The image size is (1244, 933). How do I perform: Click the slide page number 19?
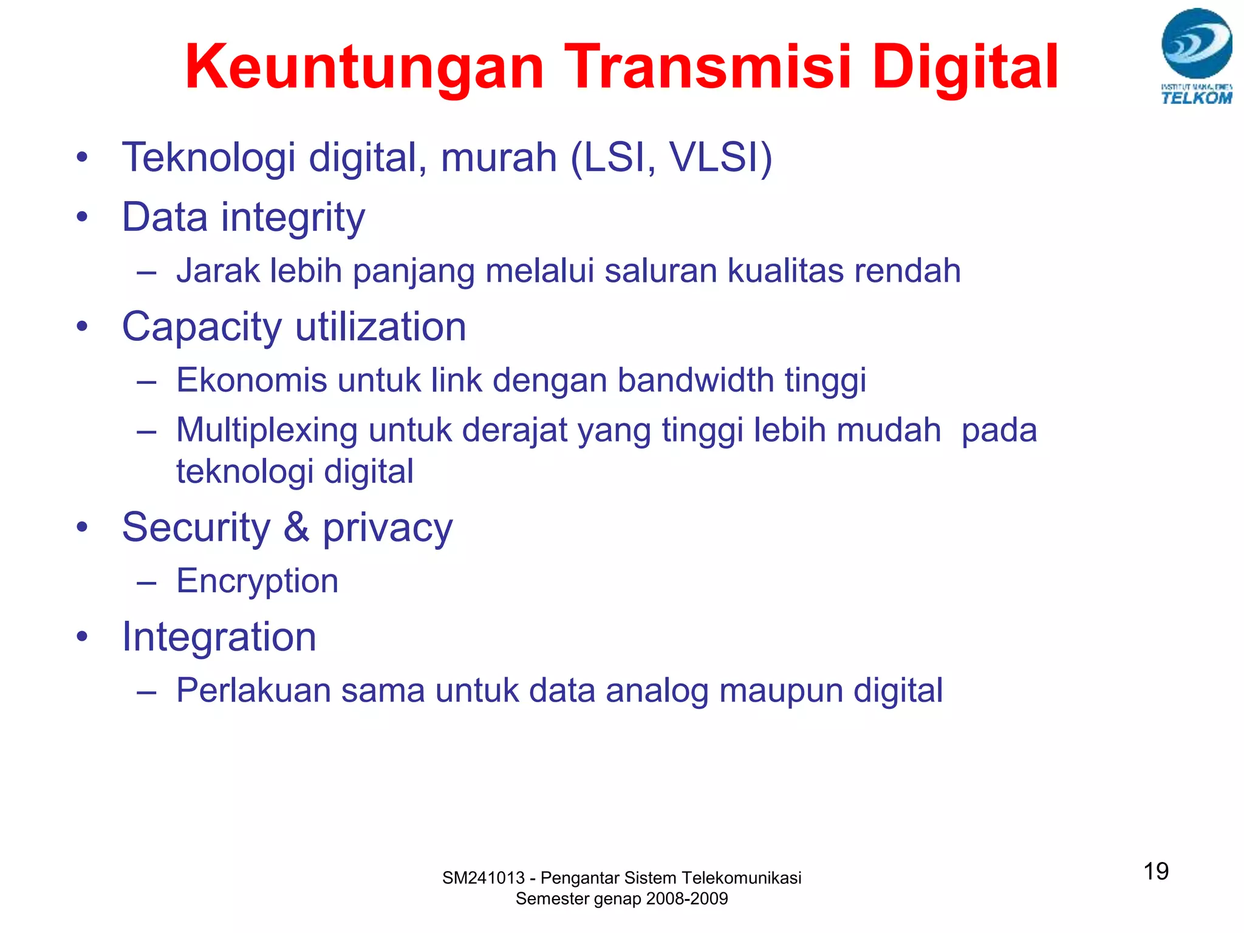coord(1156,871)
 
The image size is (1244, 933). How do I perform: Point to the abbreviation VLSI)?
coord(720,157)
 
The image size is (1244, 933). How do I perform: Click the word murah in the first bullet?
coord(499,157)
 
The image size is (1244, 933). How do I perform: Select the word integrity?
coord(293,218)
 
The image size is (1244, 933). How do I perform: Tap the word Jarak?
coord(217,271)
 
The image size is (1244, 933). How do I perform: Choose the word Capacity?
coord(202,328)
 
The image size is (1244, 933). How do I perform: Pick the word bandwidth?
coord(695,380)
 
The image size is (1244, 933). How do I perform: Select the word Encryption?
coord(257,581)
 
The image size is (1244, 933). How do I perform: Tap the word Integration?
coord(219,637)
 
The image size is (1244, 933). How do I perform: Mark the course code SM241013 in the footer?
coord(483,878)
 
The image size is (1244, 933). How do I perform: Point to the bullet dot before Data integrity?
coord(82,217)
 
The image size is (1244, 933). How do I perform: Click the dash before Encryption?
coord(147,583)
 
